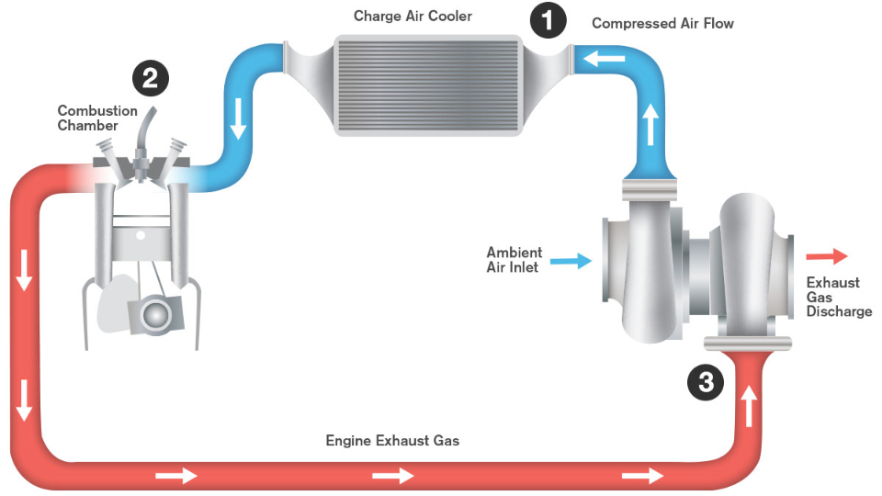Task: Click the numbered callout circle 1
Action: click(548, 20)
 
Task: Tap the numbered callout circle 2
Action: click(150, 78)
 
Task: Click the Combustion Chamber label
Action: click(97, 118)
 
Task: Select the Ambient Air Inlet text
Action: click(514, 260)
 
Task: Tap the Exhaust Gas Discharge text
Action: click(838, 297)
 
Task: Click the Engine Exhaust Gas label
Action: click(392, 441)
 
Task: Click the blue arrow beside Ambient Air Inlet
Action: click(571, 261)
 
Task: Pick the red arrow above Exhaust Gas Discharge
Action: click(827, 257)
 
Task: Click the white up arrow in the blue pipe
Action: click(650, 127)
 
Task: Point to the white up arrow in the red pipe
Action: click(751, 404)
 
